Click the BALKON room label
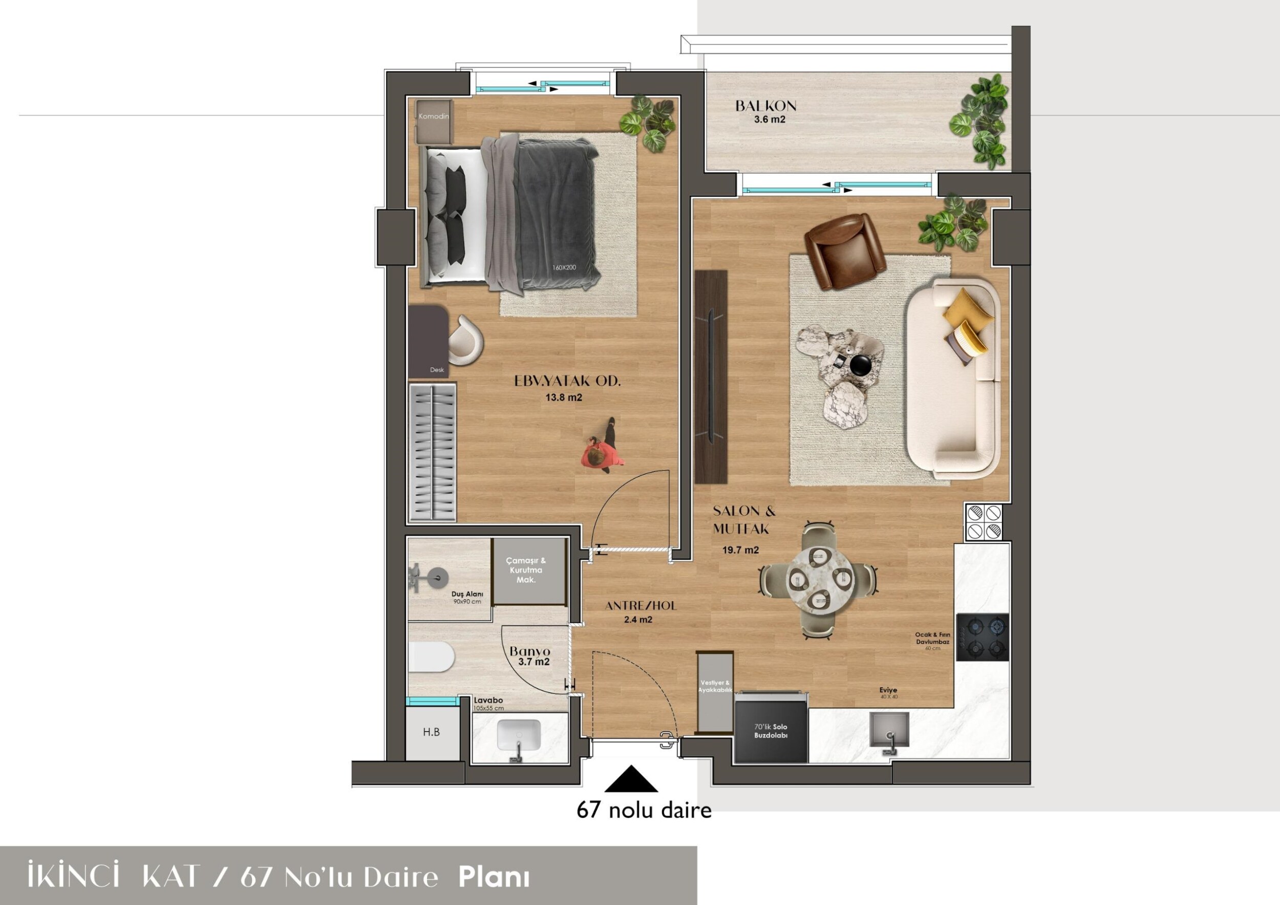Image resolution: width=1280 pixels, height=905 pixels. [765, 105]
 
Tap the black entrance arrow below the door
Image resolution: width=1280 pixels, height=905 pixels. [631, 779]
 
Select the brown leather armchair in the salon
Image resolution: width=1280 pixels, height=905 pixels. [845, 251]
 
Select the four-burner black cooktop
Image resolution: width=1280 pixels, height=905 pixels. [983, 637]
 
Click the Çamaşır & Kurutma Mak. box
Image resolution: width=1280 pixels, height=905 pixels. [528, 571]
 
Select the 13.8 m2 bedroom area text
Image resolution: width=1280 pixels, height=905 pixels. [564, 398]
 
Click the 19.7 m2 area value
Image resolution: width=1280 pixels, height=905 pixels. [740, 550]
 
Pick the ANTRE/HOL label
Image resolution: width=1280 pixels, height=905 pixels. [641, 606]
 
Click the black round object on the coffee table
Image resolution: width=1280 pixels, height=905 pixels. [863, 365]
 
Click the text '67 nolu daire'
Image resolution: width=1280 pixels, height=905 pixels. [644, 810]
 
